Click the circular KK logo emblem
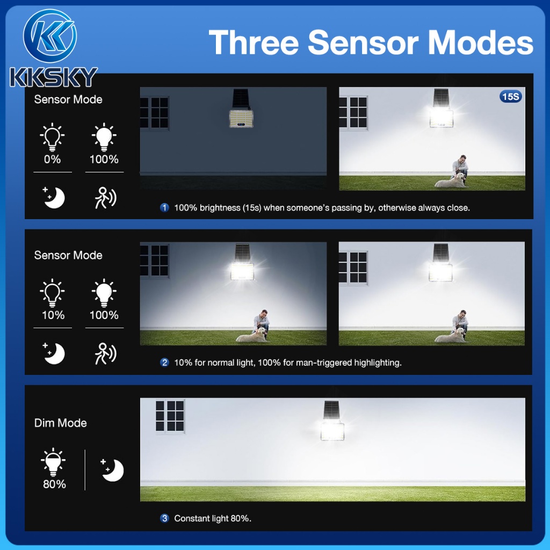50,36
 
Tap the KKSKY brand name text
53,77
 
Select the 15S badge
510,97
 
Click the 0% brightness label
52,159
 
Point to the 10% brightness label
53,315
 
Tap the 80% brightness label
54,484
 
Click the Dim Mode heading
60,423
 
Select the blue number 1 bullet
164,208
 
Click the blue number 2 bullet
164,363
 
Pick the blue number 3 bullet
164,518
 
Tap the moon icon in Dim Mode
112,469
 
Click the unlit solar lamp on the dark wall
241,108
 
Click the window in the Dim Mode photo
170,416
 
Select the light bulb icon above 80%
53,461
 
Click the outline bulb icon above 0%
52,137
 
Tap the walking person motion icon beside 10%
105,353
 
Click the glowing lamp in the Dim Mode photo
332,421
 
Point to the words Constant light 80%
213,518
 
